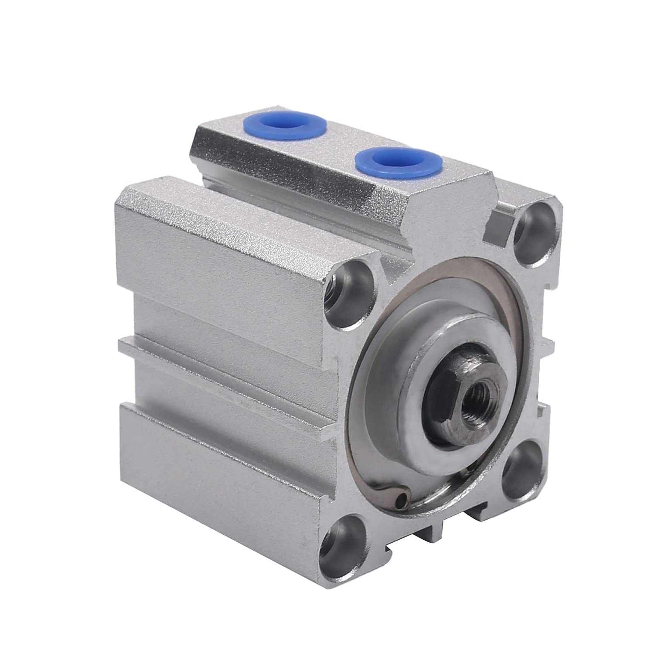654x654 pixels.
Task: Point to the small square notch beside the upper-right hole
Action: (499, 221)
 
